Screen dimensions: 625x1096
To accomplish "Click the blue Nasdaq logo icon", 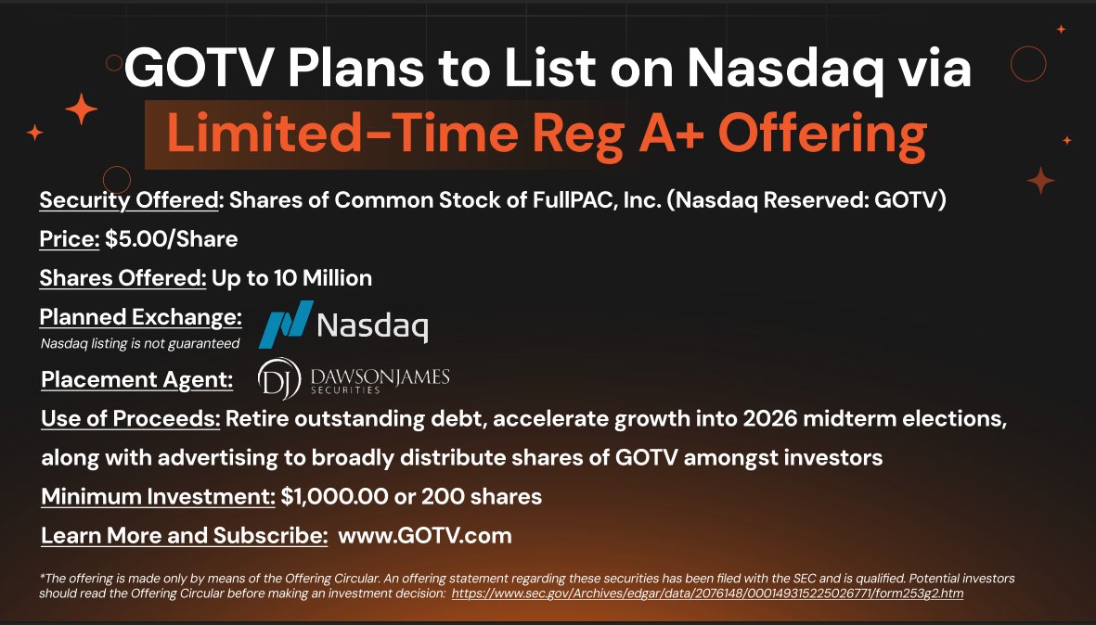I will [x=284, y=325].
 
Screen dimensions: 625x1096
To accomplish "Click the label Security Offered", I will [x=129, y=200].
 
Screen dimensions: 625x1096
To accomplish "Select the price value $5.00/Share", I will [x=172, y=239].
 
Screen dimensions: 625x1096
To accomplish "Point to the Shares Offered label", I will [x=122, y=277].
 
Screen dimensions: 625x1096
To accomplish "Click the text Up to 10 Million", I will [x=291, y=277].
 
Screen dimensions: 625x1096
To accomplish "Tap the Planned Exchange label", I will [x=140, y=317].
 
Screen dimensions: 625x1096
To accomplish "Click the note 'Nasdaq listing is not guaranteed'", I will [x=140, y=344].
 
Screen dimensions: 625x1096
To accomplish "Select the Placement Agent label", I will [x=136, y=379].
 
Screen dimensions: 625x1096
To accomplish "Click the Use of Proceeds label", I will [x=131, y=419].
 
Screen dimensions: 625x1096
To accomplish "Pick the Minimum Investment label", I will [x=158, y=496].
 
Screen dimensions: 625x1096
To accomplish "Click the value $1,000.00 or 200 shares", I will [x=412, y=496].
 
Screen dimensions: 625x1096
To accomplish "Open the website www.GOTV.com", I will [x=425, y=536].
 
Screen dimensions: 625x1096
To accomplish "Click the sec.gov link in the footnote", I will [x=707, y=593].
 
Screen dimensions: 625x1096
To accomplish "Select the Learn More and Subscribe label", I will [x=184, y=536].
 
